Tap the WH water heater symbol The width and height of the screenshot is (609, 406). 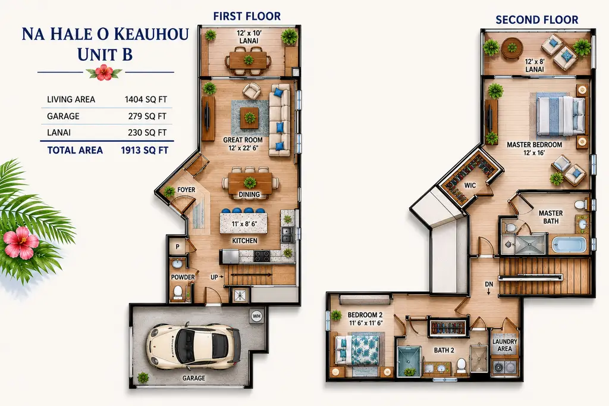[256, 316]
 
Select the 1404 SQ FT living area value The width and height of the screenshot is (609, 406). [146, 99]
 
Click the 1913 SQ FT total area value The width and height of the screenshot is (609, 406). [145, 150]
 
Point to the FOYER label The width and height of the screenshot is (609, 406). [186, 190]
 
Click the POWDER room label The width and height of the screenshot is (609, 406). [183, 277]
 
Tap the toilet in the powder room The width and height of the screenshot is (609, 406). [178, 292]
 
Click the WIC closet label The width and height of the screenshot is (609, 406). [470, 186]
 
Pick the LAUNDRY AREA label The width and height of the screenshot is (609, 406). [504, 345]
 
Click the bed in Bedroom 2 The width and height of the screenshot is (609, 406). [357, 350]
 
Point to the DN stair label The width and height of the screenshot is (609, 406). [489, 285]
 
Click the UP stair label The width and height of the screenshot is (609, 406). [214, 277]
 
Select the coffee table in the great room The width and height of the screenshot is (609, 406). [249, 118]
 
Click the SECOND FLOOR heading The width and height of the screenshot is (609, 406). [537, 20]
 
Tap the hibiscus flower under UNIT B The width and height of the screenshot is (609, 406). [104, 73]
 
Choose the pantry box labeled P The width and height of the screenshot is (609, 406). [177, 246]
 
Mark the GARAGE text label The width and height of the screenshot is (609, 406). [194, 378]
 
